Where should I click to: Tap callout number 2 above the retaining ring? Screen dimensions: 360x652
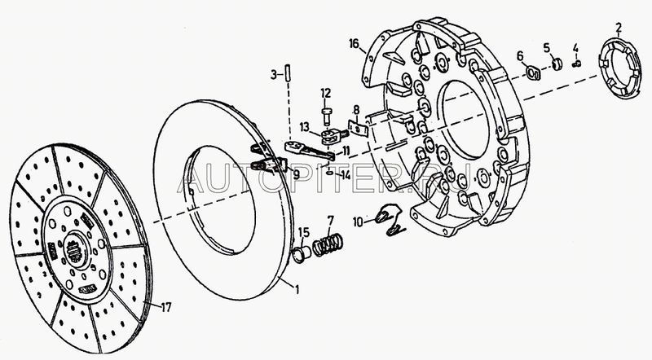point(619,29)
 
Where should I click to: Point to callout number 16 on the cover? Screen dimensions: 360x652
point(352,43)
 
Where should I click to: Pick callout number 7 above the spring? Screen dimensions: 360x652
point(330,220)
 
